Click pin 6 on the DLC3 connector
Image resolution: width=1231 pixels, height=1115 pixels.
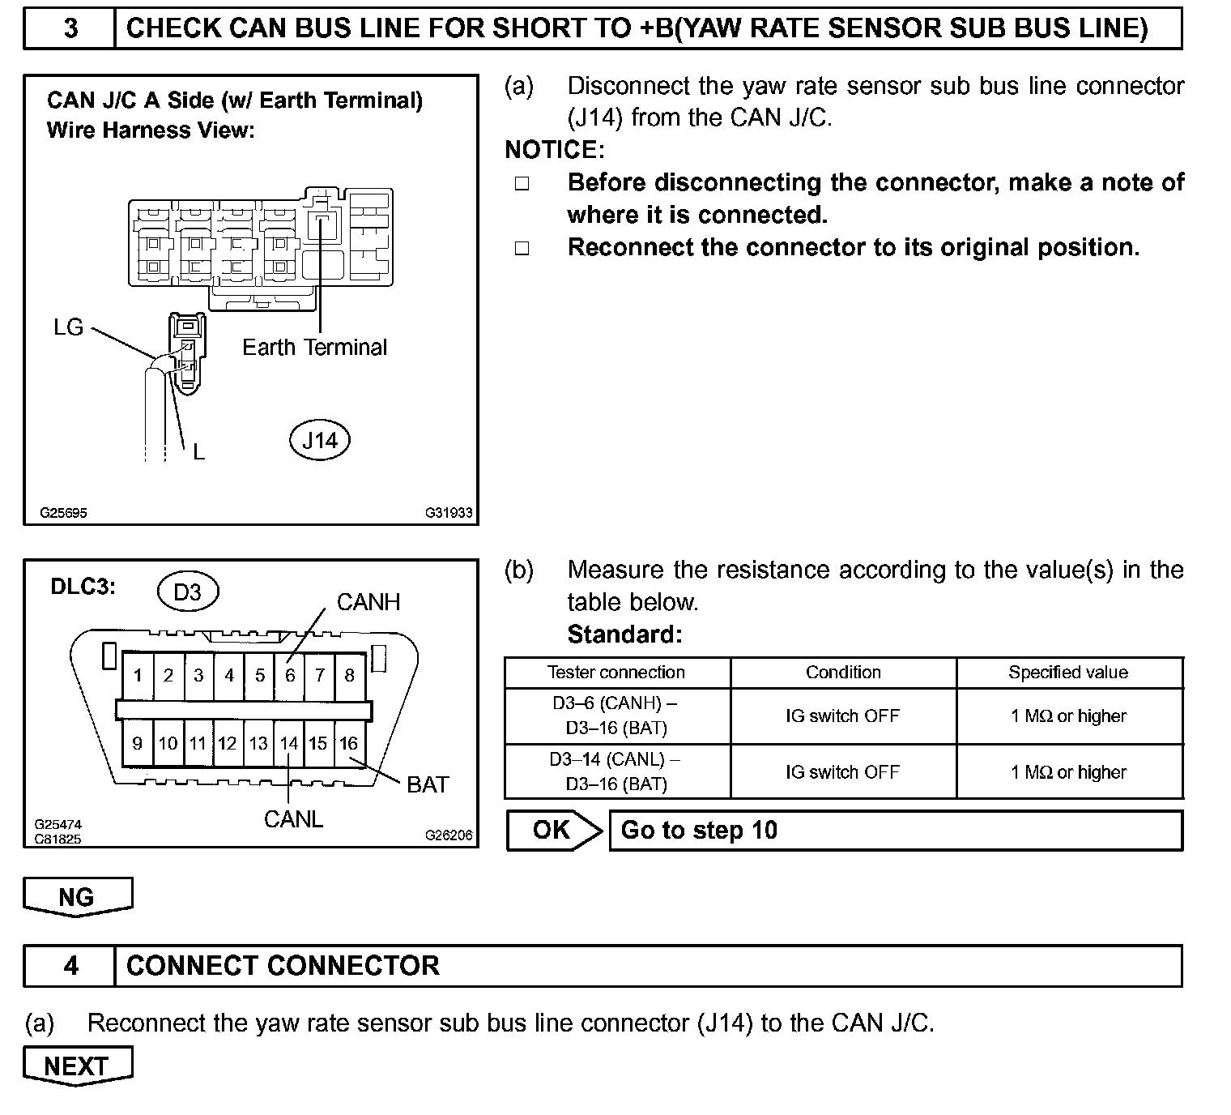pyautogui.click(x=290, y=675)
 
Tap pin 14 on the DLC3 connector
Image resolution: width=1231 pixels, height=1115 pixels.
pyautogui.click(x=289, y=743)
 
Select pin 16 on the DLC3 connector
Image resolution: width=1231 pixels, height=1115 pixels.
pyautogui.click(x=348, y=743)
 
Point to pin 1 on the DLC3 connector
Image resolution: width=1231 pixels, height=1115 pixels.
pyautogui.click(x=138, y=675)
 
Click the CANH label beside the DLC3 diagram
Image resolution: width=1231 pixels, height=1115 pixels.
pyautogui.click(x=368, y=602)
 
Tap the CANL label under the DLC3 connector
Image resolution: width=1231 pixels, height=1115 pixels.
pyautogui.click(x=293, y=819)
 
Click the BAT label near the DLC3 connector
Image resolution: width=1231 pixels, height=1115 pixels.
pyautogui.click(x=428, y=784)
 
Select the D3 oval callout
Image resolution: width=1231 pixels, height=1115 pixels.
pyautogui.click(x=187, y=592)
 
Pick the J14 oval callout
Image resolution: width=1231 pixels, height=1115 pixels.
pyautogui.click(x=319, y=440)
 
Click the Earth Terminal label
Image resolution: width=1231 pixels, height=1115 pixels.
pyautogui.click(x=314, y=348)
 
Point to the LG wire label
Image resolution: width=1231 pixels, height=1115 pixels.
pyautogui.click(x=68, y=327)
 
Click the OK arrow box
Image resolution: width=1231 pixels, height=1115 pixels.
pyautogui.click(x=553, y=830)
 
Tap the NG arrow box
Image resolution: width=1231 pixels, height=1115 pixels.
pyautogui.click(x=77, y=897)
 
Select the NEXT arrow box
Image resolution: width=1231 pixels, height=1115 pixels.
pyautogui.click(x=77, y=1066)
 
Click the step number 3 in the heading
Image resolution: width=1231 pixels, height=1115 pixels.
pyautogui.click(x=70, y=29)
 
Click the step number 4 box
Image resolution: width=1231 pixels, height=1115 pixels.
pyautogui.click(x=70, y=965)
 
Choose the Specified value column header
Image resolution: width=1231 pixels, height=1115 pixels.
pyautogui.click(x=1068, y=673)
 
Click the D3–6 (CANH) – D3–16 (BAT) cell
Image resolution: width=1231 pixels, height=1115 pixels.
pyautogui.click(x=616, y=716)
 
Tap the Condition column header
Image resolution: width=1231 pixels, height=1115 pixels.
pyautogui.click(x=843, y=673)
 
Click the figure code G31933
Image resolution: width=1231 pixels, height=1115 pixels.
pyautogui.click(x=449, y=513)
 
